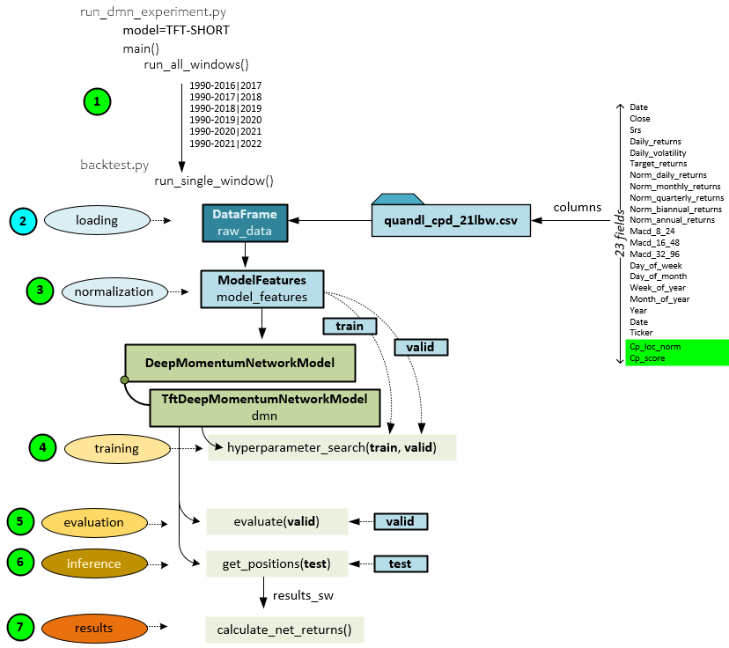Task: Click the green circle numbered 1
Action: click(97, 101)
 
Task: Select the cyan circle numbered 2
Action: click(24, 220)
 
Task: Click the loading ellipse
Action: click(97, 220)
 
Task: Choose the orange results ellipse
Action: click(94, 628)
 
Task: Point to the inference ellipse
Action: click(94, 563)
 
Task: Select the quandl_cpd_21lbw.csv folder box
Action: click(450, 219)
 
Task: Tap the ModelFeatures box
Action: click(261, 289)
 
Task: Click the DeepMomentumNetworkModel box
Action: click(240, 363)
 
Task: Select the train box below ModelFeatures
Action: click(350, 327)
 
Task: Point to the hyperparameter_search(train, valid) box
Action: click(332, 448)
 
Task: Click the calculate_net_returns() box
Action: click(283, 630)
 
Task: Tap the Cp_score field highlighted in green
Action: click(647, 358)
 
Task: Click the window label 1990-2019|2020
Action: click(225, 120)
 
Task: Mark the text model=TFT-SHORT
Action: click(176, 30)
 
